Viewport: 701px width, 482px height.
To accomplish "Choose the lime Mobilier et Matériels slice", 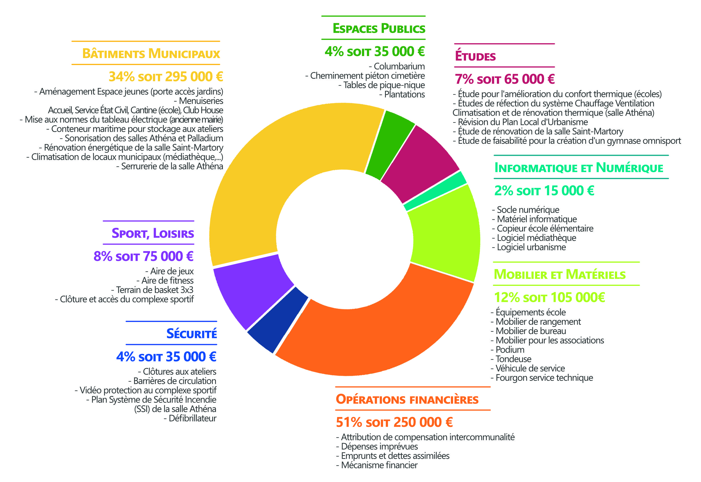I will pyautogui.click(x=444, y=236).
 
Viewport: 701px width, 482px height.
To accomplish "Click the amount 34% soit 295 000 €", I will pyautogui.click(x=166, y=77).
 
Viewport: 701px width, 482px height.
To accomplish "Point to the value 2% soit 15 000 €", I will pyautogui.click(x=544, y=191).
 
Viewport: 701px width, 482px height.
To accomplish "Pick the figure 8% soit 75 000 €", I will pyautogui.click(x=144, y=256).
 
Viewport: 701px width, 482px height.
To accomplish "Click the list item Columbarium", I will pyautogui.click(x=397, y=66).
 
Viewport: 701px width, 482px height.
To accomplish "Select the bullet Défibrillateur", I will pyautogui.click(x=190, y=418).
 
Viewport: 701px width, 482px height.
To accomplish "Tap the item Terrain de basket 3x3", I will pyautogui.click(x=152, y=290).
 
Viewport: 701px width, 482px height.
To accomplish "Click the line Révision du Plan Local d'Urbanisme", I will pyautogui.click(x=520, y=122).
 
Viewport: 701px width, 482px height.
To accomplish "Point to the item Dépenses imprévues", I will pyautogui.click(x=377, y=446).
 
